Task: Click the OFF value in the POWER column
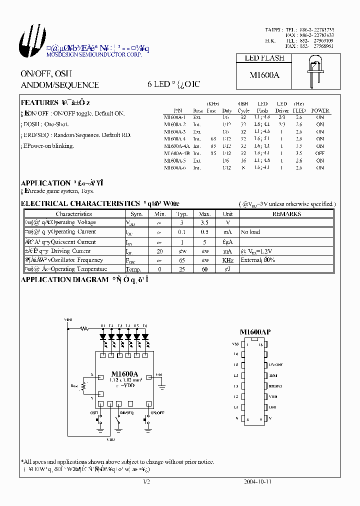[320, 153]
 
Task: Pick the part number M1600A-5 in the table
[174, 160]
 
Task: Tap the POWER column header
[320, 110]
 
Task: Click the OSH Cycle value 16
[243, 160]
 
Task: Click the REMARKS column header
[286, 214]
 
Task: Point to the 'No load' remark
[250, 232]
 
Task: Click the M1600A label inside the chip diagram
[124, 374]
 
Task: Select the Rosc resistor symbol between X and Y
[85, 386]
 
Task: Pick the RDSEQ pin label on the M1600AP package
[275, 386]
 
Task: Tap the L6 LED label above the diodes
[145, 326]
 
